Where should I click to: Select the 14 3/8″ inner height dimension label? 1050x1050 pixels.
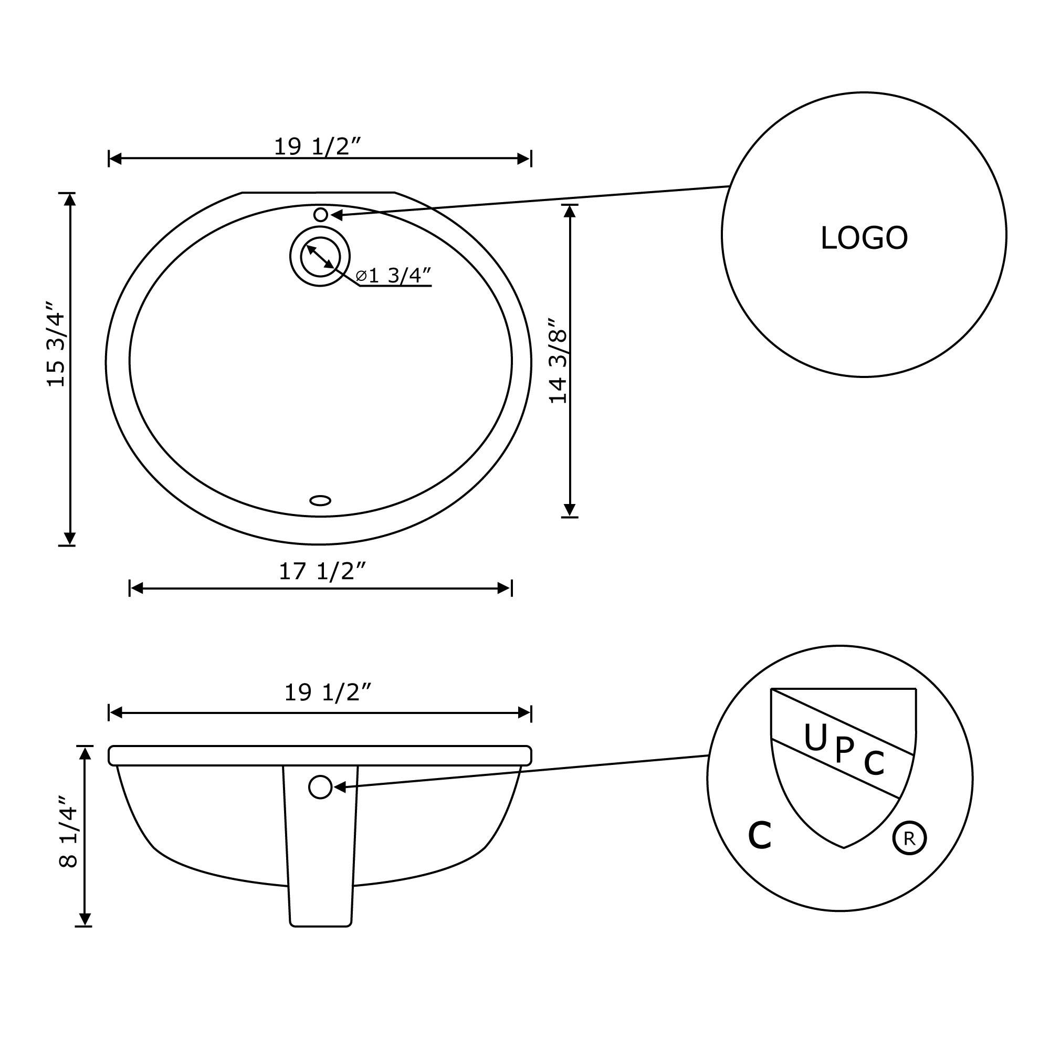pos(558,360)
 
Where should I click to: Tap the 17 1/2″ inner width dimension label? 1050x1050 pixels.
pos(322,571)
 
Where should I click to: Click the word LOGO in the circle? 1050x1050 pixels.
pos(864,238)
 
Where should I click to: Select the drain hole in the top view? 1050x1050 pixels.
pos(320,257)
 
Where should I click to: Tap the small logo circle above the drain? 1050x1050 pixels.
pos(321,214)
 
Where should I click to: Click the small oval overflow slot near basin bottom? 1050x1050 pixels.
pos(320,500)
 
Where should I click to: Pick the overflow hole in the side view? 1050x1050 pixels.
pos(320,787)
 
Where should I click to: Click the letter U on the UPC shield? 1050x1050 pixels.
pos(815,739)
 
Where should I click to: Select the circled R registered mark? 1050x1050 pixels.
pos(909,838)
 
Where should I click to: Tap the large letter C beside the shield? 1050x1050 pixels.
pos(760,835)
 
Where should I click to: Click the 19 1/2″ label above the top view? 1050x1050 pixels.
pos(317,146)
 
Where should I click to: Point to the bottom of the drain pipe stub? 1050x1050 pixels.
pos(321,925)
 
